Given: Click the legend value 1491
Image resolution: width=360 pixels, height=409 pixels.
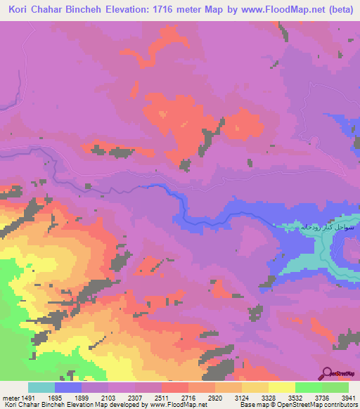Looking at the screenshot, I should tap(27, 397).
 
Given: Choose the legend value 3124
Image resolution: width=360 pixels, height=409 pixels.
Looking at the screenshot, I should tap(241, 397).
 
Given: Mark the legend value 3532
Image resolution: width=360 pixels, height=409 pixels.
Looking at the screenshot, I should tap(295, 397).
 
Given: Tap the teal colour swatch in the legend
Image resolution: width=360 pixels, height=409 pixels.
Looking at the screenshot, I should tap(41, 387).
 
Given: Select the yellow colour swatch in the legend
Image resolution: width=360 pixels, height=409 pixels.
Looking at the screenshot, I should tap(281, 387).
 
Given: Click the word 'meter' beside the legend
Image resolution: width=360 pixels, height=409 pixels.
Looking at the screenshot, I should tap(10, 397).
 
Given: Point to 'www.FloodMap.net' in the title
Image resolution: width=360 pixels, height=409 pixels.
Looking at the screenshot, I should tap(271, 9).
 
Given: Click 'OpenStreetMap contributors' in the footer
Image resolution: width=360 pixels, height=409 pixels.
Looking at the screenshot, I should tap(320, 405).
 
